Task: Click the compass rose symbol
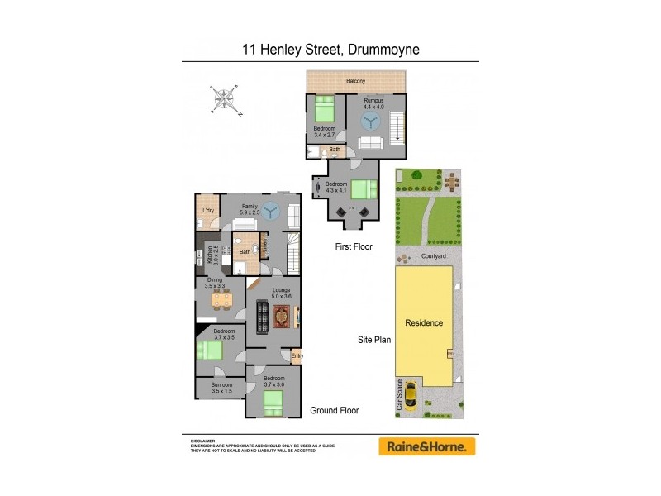224,100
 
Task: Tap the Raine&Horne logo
427,446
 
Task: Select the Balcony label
356,81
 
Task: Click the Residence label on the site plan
423,322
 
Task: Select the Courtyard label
434,256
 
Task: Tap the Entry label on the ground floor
297,356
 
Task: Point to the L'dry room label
208,212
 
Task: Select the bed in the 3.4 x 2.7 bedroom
323,109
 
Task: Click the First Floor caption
353,246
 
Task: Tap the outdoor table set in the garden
450,180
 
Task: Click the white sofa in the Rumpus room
373,144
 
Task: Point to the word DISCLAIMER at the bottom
202,441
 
